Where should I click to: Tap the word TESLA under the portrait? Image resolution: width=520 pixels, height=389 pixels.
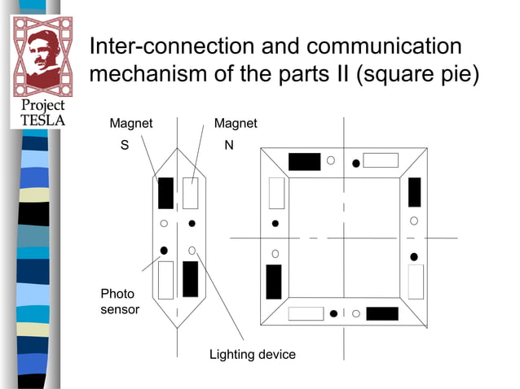point(42,120)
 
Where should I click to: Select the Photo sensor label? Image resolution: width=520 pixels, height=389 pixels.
point(119,301)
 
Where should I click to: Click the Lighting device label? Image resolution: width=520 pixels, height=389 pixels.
point(252,355)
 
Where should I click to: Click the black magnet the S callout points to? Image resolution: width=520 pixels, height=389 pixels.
point(165,192)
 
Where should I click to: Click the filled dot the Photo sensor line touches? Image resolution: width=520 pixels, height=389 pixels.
point(164,250)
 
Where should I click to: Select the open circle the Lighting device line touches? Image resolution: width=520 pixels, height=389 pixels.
point(192,250)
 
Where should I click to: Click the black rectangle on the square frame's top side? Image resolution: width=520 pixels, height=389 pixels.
point(304,161)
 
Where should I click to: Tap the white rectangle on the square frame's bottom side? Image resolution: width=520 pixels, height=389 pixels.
point(306,314)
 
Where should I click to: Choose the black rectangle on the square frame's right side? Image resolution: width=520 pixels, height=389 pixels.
point(414,192)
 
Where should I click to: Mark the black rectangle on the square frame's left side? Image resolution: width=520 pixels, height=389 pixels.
point(274,282)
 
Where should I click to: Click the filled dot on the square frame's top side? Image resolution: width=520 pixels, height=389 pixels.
point(355,164)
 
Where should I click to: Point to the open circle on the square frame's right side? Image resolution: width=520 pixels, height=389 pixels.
point(414,221)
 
